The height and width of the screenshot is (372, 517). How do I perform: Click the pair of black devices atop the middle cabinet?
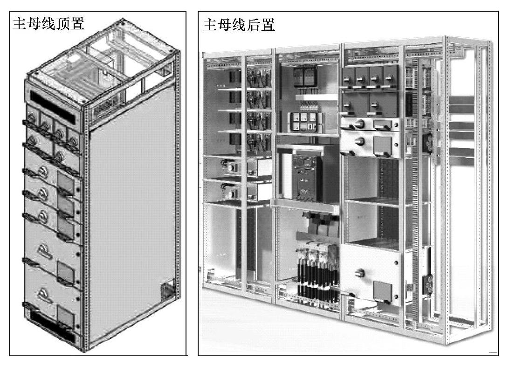pos(304,76)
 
